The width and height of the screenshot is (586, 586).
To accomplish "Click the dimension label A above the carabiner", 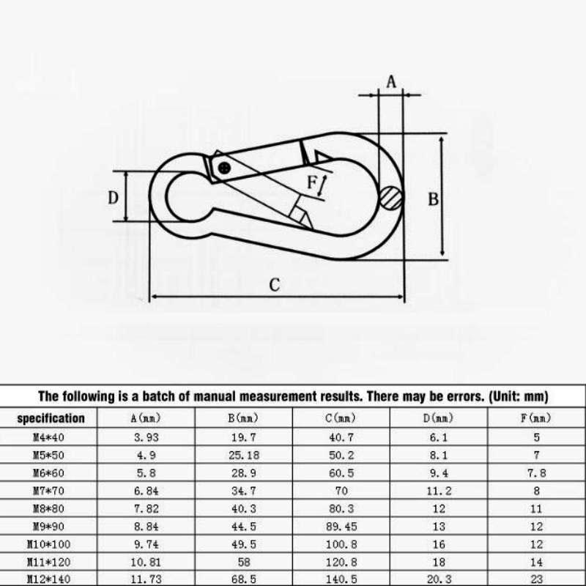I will [x=391, y=82].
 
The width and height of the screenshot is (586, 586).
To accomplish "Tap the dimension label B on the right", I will [x=433, y=199].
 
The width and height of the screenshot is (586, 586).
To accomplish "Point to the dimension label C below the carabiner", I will [x=274, y=285].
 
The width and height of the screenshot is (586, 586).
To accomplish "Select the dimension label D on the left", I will [x=114, y=197].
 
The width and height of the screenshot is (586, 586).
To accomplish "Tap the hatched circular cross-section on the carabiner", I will [x=391, y=197].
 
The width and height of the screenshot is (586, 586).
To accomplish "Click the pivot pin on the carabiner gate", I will [x=223, y=168].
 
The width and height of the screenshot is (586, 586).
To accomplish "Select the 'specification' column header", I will [x=51, y=419].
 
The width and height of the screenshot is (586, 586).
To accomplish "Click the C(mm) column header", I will [x=341, y=419].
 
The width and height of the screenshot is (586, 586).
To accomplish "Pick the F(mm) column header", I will [x=536, y=419].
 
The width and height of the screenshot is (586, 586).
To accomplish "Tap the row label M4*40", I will [x=51, y=437].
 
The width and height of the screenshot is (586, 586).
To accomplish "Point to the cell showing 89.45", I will [x=341, y=526].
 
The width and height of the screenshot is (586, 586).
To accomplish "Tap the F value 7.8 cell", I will [x=536, y=473].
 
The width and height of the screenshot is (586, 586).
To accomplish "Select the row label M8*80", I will [x=51, y=508].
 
